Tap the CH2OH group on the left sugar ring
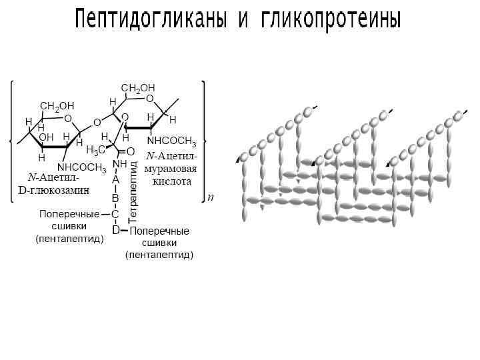(57, 105)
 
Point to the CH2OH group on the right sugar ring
(138, 87)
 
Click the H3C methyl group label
(95, 149)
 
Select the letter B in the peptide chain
(115, 198)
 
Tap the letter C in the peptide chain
(115, 214)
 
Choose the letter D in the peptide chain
(115, 230)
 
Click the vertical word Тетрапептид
(133, 191)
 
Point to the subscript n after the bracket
(211, 198)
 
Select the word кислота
(172, 181)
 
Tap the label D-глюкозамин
(53, 189)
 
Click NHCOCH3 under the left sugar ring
(82, 167)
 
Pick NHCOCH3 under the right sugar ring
(171, 141)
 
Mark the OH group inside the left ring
(46, 137)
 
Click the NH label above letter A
(120, 164)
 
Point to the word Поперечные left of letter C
(69, 214)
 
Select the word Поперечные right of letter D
(159, 231)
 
